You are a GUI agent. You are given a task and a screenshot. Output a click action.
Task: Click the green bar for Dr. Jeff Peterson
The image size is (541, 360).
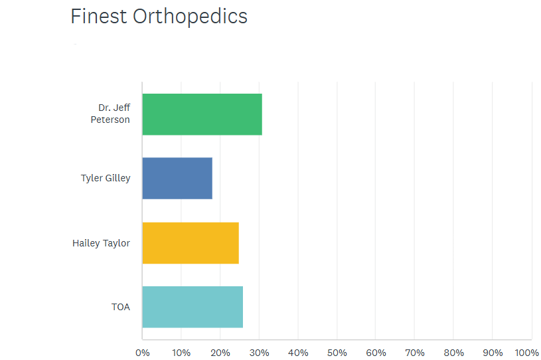202,114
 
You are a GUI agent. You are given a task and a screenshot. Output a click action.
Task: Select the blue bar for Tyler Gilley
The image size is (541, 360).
177,178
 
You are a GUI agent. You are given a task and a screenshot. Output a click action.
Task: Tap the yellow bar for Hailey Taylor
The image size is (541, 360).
191,243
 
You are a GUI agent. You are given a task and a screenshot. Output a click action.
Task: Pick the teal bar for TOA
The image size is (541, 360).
193,307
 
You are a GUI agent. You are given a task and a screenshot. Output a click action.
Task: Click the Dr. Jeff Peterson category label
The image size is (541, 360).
110,114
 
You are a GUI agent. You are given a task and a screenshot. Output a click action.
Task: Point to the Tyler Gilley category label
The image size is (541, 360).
106,178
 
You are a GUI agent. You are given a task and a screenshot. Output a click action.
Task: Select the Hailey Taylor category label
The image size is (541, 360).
101,243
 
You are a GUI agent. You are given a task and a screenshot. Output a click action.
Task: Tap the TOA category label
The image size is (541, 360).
121,307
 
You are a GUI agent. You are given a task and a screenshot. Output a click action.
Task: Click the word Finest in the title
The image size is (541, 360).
99,16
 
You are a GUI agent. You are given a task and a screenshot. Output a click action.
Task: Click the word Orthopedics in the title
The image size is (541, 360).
190,17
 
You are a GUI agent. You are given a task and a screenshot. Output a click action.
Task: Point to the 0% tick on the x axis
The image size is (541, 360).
143,353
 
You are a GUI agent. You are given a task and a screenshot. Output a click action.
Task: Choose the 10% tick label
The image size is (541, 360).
181,353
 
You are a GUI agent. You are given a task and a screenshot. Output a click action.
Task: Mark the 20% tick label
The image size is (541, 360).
220,353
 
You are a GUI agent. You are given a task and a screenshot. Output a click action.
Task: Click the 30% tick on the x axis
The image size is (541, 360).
260,353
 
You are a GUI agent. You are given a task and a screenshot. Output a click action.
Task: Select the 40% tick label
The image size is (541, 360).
299,353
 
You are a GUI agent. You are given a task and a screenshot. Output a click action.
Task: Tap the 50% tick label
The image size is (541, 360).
337,353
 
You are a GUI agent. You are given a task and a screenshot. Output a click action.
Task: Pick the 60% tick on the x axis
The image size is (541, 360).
376,353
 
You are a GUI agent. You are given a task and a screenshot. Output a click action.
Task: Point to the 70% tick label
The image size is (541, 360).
415,353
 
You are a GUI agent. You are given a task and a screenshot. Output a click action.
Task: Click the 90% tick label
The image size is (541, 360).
493,353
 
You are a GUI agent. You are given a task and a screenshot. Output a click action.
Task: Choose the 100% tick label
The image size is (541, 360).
527,353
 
